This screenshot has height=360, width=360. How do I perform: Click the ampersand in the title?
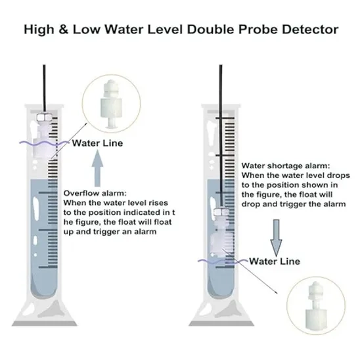(63, 30)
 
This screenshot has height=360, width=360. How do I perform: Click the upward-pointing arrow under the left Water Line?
(97, 168)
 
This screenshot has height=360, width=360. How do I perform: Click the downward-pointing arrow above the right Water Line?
(276, 237)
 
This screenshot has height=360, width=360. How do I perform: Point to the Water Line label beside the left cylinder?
(98, 143)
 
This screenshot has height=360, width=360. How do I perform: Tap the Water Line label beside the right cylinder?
(275, 261)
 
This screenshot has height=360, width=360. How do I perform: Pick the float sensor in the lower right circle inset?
(316, 305)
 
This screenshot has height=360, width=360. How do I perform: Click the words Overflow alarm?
(95, 193)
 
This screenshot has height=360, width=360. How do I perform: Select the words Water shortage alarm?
(286, 166)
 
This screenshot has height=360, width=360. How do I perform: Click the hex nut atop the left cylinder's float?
(44, 118)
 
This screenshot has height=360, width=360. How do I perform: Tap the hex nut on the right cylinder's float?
(221, 212)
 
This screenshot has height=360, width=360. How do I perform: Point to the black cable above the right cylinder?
(221, 135)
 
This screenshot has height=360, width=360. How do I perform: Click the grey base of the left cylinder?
(45, 323)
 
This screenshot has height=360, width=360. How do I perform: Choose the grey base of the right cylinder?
(221, 323)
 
